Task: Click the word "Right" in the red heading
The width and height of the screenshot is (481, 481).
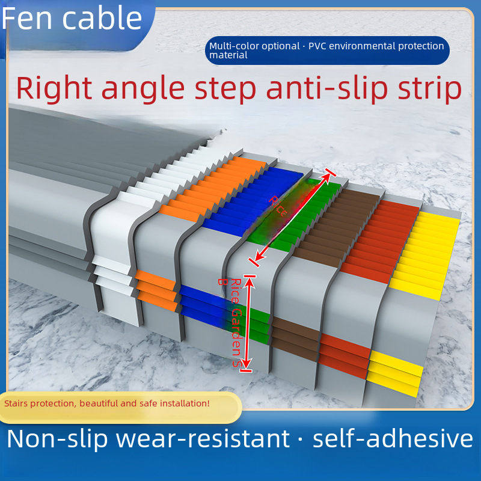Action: (54, 88)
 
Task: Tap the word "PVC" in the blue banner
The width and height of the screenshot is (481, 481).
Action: (319, 46)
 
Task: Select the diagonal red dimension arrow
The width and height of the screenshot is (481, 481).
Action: (292, 218)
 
